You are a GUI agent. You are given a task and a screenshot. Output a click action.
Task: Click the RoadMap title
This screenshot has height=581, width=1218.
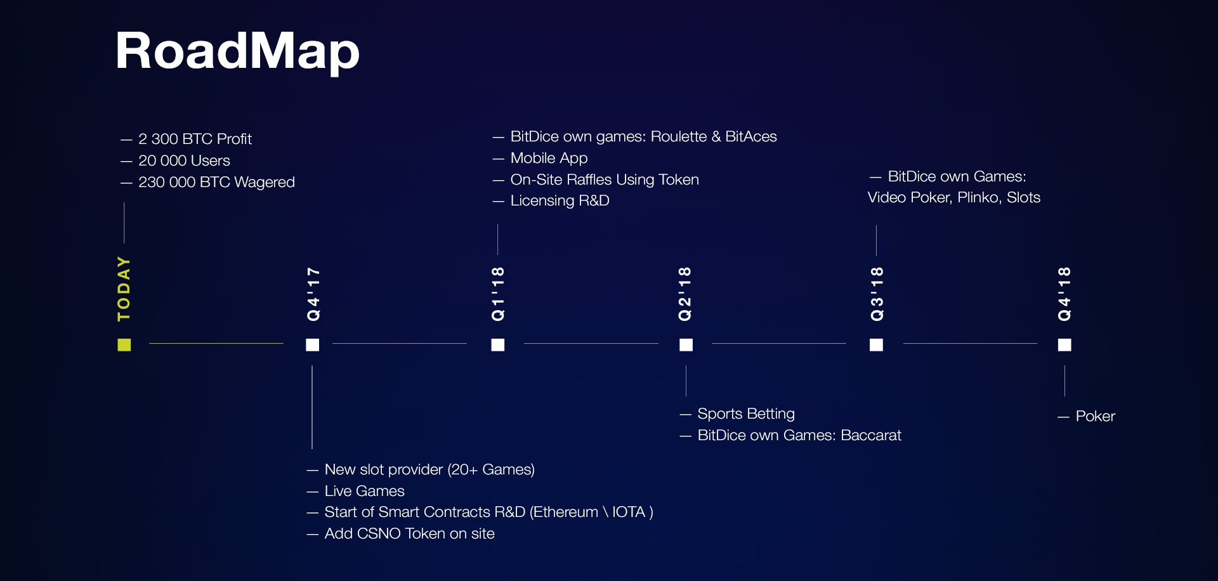(238, 51)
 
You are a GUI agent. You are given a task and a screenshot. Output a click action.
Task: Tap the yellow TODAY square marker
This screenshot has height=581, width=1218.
(124, 344)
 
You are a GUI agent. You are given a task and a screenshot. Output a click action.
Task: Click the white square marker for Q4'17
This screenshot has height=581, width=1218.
(313, 344)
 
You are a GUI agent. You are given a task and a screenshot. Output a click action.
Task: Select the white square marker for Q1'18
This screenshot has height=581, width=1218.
(498, 344)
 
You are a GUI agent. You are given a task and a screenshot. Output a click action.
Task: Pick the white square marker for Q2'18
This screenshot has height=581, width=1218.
(686, 344)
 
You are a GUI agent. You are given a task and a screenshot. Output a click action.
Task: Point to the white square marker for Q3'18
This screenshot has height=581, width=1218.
(876, 344)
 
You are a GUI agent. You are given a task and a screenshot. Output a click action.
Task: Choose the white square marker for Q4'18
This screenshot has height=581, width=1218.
(1064, 344)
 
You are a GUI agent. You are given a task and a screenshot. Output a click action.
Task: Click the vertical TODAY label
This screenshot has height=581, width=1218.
(124, 289)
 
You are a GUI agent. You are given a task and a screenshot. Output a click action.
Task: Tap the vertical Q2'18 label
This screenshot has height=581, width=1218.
(684, 294)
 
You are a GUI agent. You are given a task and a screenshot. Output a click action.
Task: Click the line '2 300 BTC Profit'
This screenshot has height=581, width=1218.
(195, 139)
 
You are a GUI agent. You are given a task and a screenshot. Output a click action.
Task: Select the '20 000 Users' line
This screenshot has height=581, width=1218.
(184, 160)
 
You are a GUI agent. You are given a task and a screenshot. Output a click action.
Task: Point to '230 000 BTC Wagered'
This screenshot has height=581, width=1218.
(216, 182)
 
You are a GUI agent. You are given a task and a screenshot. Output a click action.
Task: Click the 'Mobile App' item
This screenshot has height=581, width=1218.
(549, 158)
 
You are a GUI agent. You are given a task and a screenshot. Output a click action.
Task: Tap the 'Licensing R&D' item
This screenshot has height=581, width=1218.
(560, 200)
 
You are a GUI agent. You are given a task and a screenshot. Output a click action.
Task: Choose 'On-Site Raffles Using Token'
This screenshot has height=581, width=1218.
(605, 180)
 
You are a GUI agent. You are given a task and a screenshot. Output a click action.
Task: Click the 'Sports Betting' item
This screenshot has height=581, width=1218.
(746, 414)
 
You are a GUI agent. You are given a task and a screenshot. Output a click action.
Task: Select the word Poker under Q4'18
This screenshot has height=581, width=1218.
(1096, 416)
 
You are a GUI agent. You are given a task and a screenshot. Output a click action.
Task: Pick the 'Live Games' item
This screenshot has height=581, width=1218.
(364, 491)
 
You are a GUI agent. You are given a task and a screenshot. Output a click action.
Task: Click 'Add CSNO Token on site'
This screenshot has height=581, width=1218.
(409, 533)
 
